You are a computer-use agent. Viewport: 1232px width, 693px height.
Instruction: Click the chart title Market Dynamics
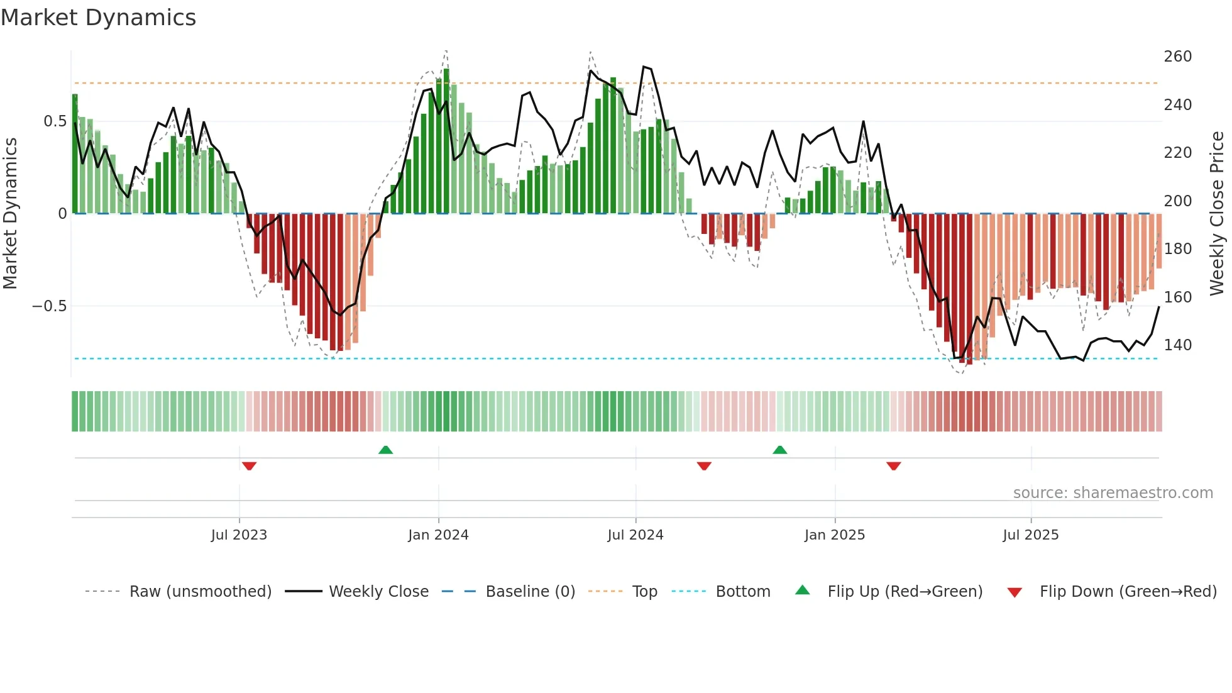[x=98, y=18]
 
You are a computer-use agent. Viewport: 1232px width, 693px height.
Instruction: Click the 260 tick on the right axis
[x=1177, y=57]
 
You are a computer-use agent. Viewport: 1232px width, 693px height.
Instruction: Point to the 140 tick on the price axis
[x=1177, y=345]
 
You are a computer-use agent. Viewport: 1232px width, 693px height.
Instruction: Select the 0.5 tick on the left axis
[x=55, y=121]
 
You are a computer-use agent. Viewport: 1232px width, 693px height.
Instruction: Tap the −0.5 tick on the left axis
[x=50, y=306]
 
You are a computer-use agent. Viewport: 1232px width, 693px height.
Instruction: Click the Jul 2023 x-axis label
[x=239, y=535]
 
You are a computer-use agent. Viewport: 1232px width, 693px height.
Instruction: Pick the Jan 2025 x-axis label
[x=834, y=535]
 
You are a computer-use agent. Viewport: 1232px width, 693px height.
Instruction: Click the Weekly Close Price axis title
[x=1217, y=213]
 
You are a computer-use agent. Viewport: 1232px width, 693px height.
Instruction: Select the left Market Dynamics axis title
[x=10, y=213]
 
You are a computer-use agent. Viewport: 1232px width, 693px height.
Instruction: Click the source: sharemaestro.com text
[x=1113, y=493]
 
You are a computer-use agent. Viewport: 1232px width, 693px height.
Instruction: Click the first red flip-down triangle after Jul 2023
[x=249, y=466]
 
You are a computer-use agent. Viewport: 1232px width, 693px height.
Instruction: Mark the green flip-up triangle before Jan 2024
[x=385, y=450]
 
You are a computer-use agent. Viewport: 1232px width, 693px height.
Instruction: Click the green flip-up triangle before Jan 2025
[x=779, y=450]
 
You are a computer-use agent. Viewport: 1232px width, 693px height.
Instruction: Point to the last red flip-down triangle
[x=893, y=466]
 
